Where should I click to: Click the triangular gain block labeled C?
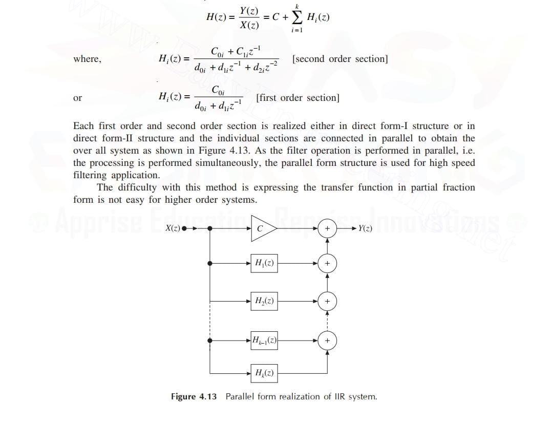pyautogui.click(x=262, y=229)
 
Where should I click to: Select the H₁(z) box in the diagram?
pyautogui.click(x=264, y=263)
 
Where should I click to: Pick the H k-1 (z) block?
pyautogui.click(x=264, y=340)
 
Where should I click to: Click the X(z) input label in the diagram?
pyautogui.click(x=173, y=228)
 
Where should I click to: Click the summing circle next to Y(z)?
pyautogui.click(x=328, y=229)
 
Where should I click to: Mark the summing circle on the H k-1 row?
pyautogui.click(x=328, y=340)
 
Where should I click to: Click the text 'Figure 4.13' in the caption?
pyautogui.click(x=194, y=396)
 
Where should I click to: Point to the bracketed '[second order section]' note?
pyautogui.click(x=339, y=59)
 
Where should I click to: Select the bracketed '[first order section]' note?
pyautogui.click(x=297, y=98)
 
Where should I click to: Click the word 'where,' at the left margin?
pyautogui.click(x=87, y=59)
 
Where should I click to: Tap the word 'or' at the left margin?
pyautogui.click(x=77, y=98)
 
